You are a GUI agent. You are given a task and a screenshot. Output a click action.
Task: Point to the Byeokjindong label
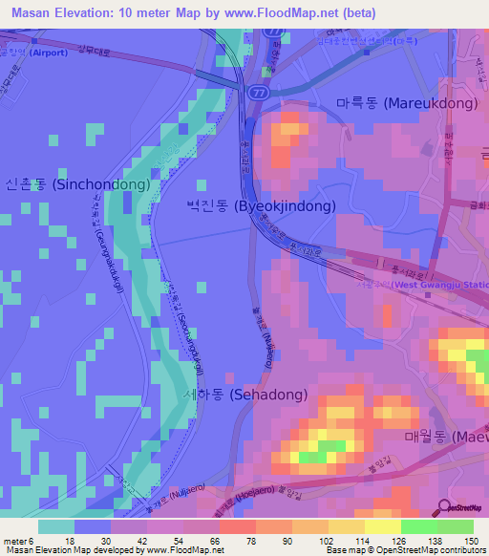coord(261,205)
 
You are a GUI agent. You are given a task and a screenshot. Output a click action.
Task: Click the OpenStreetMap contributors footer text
coord(434,549)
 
